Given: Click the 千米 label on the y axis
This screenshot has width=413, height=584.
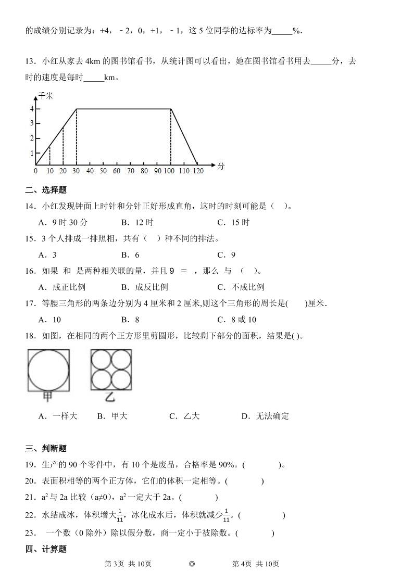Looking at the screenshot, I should tap(46, 96).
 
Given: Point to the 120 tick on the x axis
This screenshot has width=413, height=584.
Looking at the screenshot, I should tap(197, 170).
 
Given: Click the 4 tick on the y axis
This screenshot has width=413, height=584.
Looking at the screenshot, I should tap(31, 109).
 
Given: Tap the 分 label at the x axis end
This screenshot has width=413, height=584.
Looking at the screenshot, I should tap(221, 166).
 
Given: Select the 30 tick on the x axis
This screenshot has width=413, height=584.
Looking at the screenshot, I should tap(76, 170).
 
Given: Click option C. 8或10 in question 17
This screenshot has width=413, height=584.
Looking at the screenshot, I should tap(237, 319).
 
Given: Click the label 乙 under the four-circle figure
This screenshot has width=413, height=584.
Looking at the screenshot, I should tap(110, 398).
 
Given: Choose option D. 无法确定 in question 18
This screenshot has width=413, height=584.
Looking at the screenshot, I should tap(265, 416).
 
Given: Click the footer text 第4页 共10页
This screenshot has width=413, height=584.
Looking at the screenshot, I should tap(255, 564).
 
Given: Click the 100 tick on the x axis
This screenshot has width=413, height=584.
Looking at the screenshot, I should tap(171, 170).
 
